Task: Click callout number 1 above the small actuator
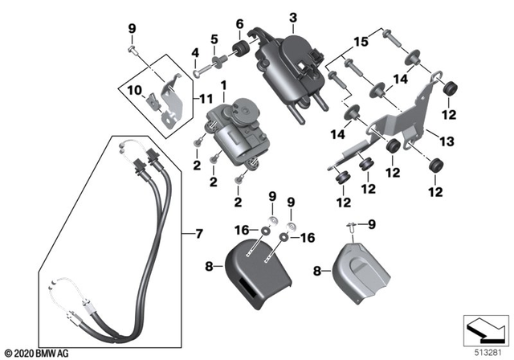click(x=222, y=84)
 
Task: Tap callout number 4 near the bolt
click(x=194, y=54)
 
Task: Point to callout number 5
click(x=214, y=39)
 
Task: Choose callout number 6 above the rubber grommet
click(x=239, y=25)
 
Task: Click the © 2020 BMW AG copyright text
click(x=37, y=352)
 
